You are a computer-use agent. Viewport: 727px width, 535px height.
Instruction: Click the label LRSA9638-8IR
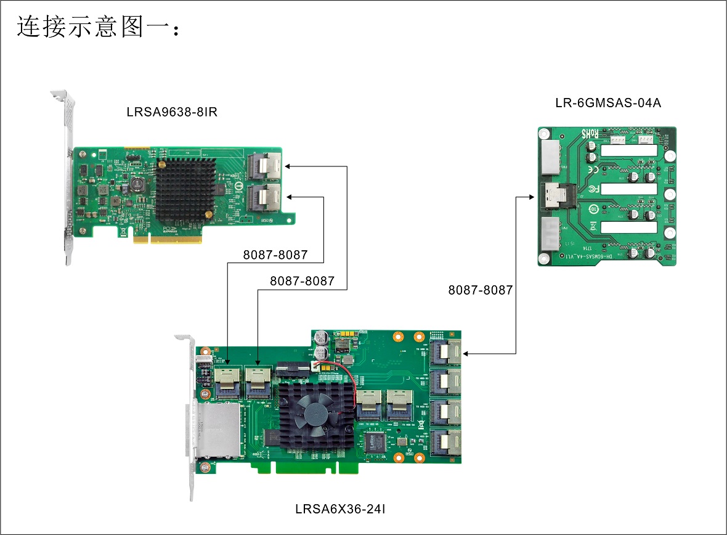point(172,113)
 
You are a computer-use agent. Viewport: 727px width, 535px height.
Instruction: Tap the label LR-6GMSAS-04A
point(607,103)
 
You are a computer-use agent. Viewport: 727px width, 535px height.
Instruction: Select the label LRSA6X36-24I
point(340,509)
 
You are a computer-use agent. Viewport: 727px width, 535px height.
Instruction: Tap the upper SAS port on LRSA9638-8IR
point(264,165)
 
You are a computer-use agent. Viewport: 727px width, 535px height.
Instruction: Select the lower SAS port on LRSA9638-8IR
point(264,198)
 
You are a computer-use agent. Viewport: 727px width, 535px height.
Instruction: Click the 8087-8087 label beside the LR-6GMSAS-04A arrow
point(481,290)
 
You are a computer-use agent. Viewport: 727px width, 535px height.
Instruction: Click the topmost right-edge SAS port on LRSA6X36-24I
point(445,353)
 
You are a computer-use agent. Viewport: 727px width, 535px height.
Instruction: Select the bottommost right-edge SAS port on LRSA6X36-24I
point(445,443)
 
